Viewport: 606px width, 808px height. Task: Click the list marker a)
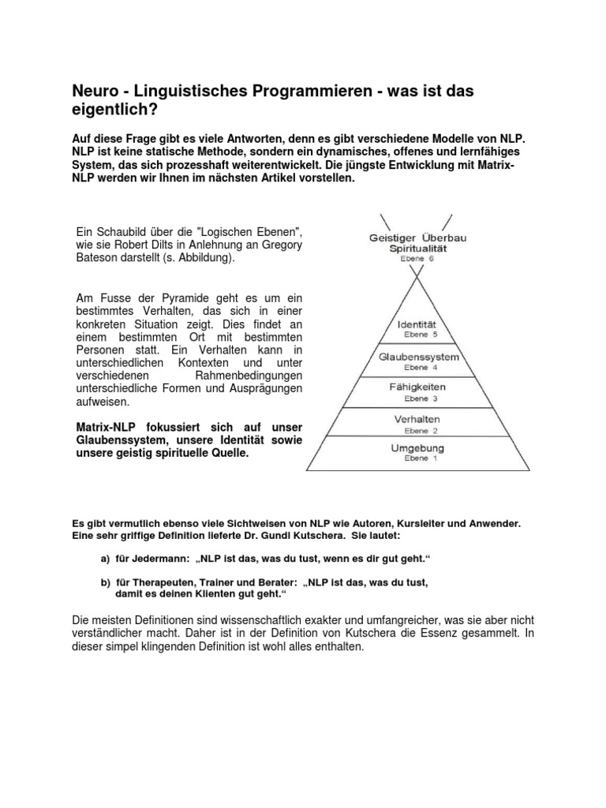[105, 559]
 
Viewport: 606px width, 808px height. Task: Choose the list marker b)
[105, 582]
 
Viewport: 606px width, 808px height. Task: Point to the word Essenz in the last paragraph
[446, 634]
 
